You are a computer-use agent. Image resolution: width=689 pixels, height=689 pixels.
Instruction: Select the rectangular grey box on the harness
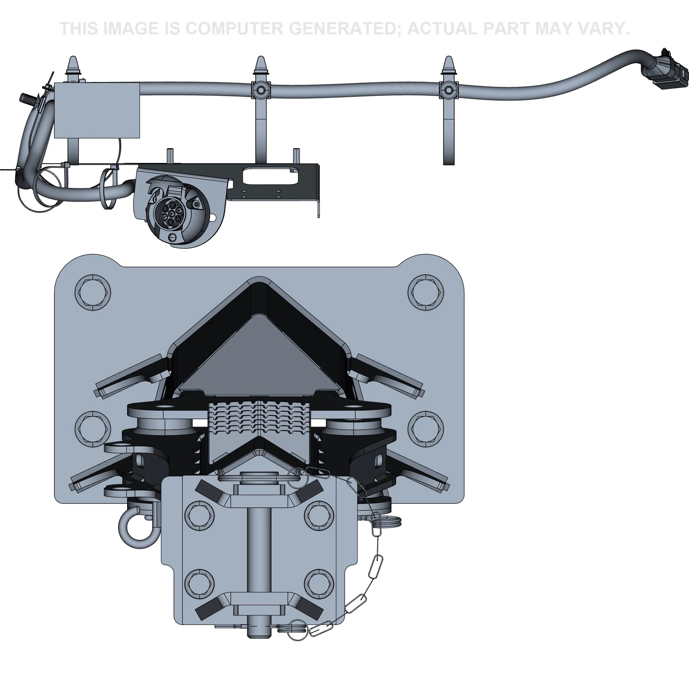coord(97,110)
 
